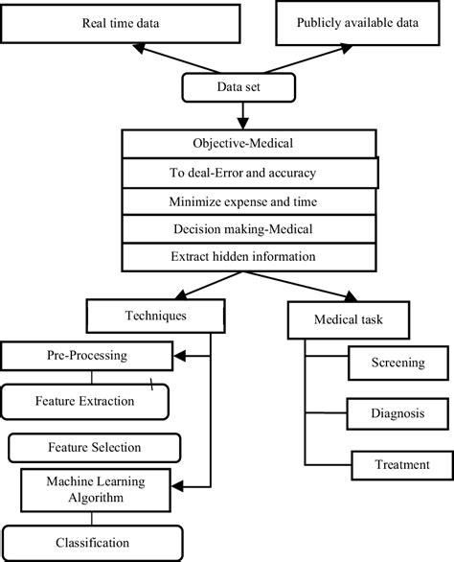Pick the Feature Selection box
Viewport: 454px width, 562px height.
[94, 447]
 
